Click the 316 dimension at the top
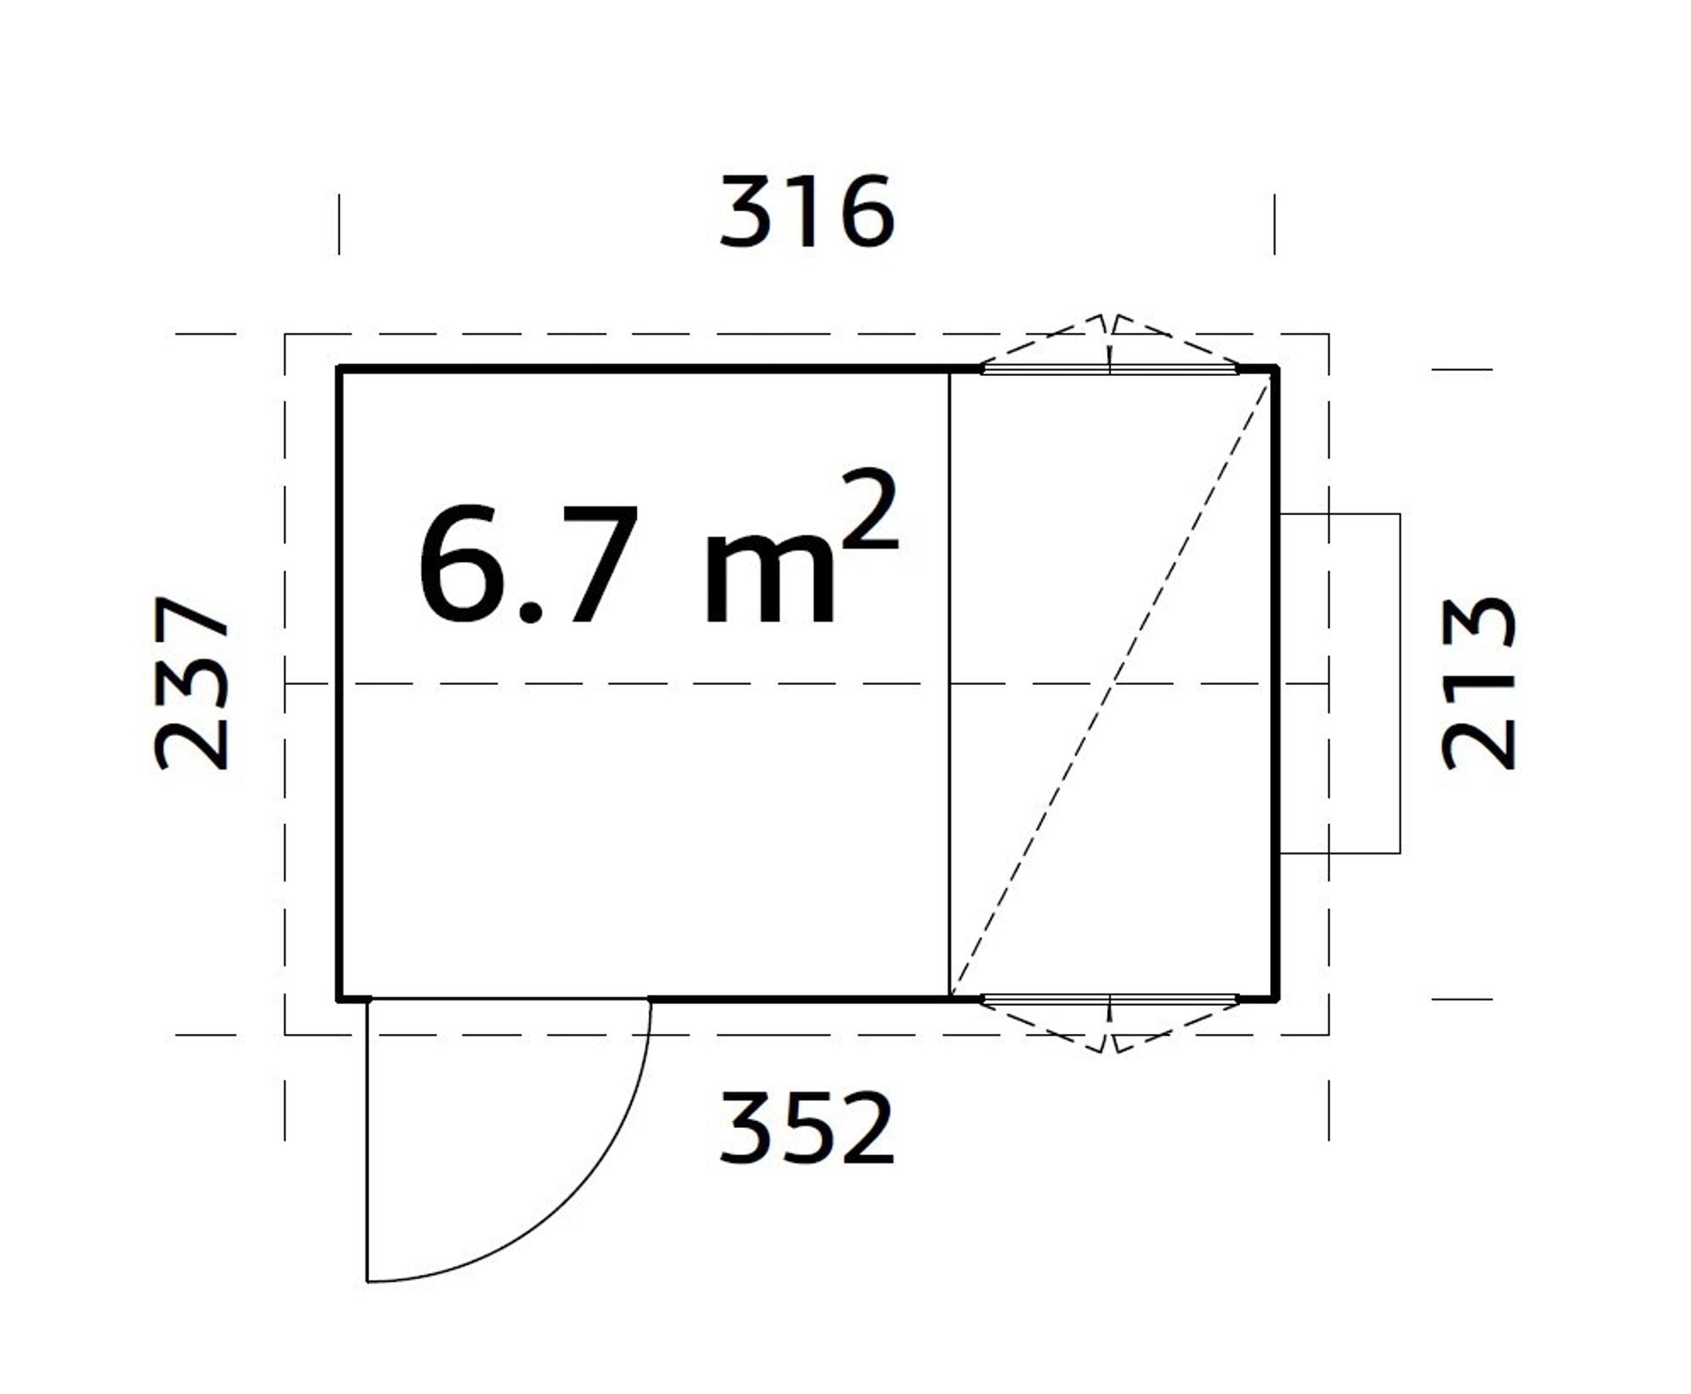pyautogui.click(x=807, y=212)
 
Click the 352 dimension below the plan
pyautogui.click(x=807, y=1128)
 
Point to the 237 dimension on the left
pyautogui.click(x=192, y=683)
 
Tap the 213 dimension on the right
pyautogui.click(x=1479, y=683)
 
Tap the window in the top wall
pyautogui.click(x=1110, y=370)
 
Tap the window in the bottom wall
pyautogui.click(x=1110, y=999)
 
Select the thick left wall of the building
pyautogui.click(x=339, y=683)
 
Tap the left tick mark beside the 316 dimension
pyautogui.click(x=339, y=225)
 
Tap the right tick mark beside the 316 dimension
pyautogui.click(x=1274, y=225)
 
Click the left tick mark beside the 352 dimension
pyautogui.click(x=284, y=1110)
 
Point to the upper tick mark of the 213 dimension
pyautogui.click(x=1462, y=369)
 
